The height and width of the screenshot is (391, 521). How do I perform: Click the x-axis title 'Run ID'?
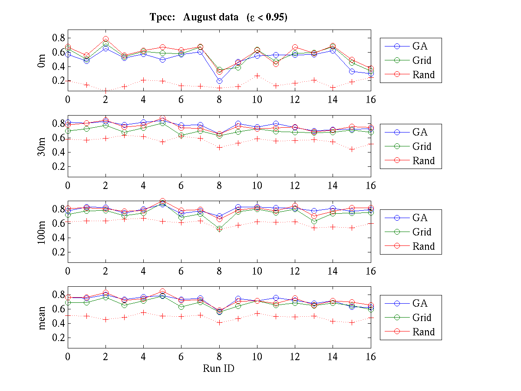219,368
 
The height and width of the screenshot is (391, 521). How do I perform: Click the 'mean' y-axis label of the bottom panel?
42,318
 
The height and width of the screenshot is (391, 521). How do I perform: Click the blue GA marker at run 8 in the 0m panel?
219,81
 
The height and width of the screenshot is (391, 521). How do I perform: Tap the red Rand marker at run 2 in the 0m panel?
106,40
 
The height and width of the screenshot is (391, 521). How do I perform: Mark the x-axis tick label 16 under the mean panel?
371,357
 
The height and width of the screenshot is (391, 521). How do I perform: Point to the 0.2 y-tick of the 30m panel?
59,166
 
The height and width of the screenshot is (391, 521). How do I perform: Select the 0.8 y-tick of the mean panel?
59,295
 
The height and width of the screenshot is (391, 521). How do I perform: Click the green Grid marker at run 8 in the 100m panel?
219,229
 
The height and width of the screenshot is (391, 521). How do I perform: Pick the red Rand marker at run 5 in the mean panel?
162,292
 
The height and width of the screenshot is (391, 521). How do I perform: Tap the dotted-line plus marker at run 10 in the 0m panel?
257,76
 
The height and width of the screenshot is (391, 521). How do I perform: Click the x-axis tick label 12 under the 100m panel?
295,271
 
